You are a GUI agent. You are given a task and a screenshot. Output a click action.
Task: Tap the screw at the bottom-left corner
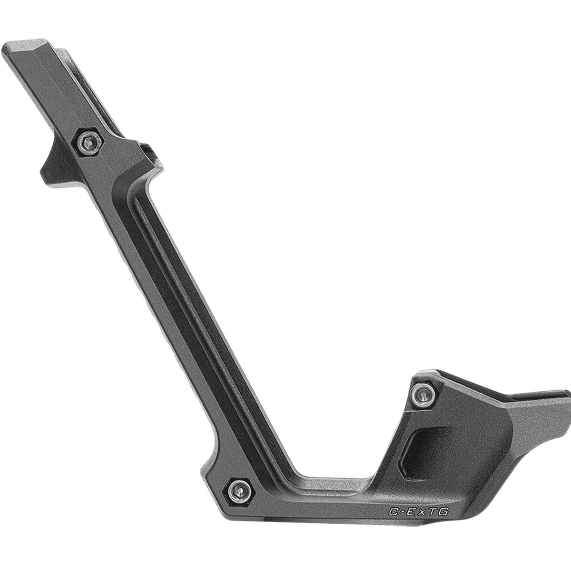(x=239, y=489)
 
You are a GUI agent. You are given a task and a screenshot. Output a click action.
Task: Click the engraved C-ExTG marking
(x=419, y=512)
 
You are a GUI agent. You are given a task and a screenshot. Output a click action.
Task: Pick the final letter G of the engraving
(x=445, y=512)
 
